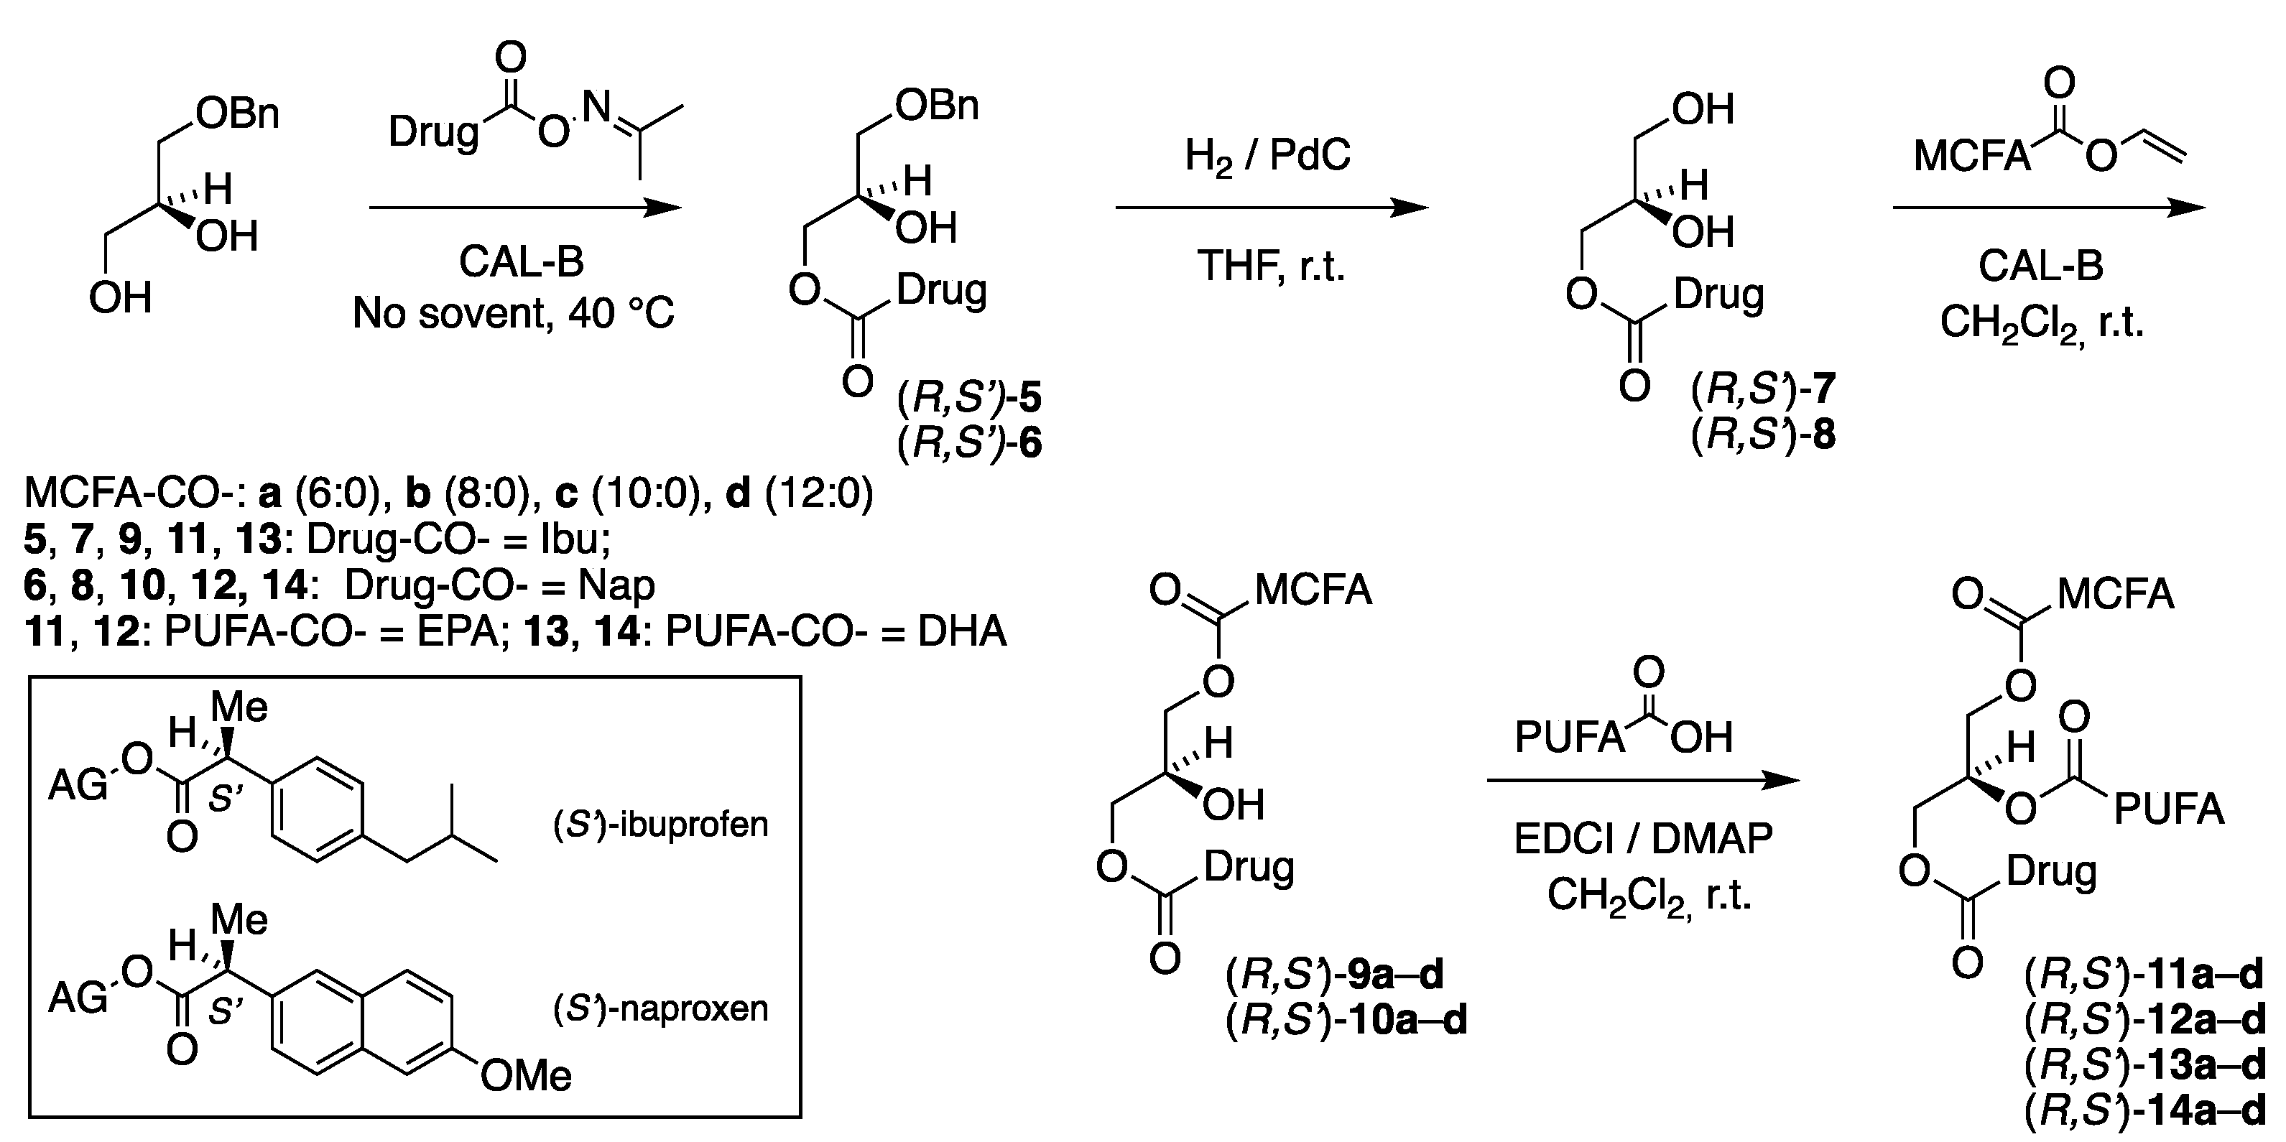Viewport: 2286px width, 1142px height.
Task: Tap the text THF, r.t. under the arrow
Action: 1271,265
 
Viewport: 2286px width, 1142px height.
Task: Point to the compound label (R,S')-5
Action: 969,399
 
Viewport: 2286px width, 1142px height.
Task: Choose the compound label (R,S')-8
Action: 1762,435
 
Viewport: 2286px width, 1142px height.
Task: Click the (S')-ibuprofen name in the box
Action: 660,825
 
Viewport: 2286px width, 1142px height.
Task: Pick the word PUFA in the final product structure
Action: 2169,810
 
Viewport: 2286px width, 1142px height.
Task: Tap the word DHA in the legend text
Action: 962,632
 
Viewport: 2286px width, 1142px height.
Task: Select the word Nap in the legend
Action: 616,585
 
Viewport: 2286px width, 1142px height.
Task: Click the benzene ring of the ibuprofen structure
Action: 317,808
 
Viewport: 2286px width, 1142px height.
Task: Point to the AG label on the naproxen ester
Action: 77,998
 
